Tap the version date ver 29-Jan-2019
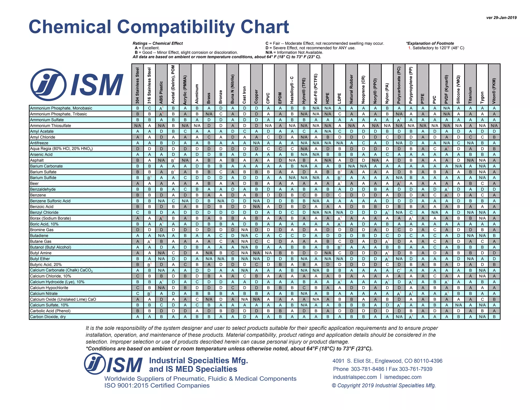(x=501, y=18)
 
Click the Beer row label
(x=34, y=183)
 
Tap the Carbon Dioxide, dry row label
(x=48, y=317)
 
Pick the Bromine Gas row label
(x=42, y=230)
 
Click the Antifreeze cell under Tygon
(x=482, y=143)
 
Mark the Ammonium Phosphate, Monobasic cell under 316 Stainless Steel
(x=149, y=108)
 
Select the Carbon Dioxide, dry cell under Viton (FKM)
(x=494, y=317)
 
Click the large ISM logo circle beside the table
(x=48, y=84)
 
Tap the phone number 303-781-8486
(x=367, y=369)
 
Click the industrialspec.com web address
(x=355, y=377)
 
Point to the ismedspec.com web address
(x=403, y=377)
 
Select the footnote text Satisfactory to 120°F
(x=437, y=48)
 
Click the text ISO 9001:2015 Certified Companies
(x=157, y=385)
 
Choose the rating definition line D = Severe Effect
(x=310, y=48)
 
